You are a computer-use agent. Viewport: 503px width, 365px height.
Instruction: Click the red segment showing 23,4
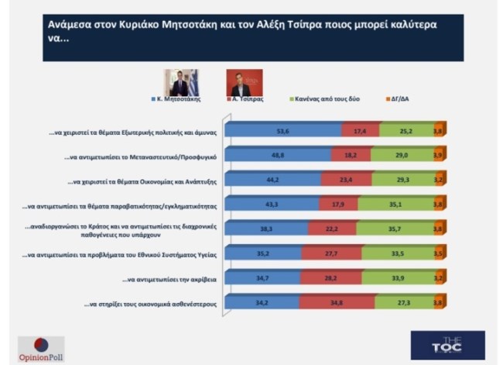[x=344, y=181]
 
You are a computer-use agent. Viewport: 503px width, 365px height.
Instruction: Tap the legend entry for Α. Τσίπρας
[x=248, y=100]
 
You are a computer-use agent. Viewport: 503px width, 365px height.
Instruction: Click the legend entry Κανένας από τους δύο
[x=320, y=100]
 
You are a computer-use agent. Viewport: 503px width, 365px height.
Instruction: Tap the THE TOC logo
[x=448, y=346]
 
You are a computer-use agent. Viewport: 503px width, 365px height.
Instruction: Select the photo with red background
[x=244, y=82]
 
